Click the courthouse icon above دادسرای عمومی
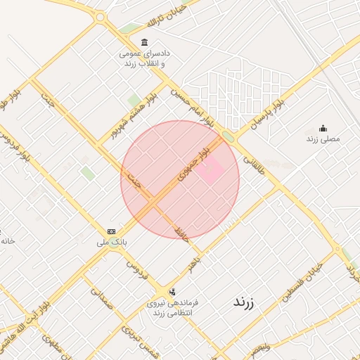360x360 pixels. coord(145,42)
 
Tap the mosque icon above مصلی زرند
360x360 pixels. coord(323,128)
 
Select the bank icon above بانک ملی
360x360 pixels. coord(111,231)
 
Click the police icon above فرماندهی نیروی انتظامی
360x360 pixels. coord(172,291)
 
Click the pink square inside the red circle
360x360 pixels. coord(209,169)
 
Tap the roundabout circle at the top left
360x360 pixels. coord(100,17)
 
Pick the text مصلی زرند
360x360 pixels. coord(323,139)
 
